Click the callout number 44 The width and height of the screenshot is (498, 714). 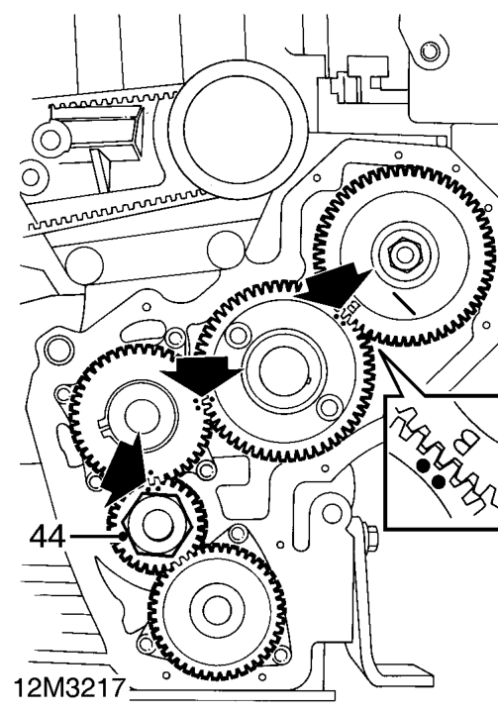click(x=47, y=538)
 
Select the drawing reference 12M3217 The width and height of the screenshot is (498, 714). click(x=69, y=688)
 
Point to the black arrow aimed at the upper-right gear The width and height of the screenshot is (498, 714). click(x=336, y=281)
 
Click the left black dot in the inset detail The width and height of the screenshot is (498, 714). click(x=424, y=465)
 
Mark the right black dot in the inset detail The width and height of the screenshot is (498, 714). click(x=439, y=481)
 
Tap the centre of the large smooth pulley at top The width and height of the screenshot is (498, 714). click(x=238, y=130)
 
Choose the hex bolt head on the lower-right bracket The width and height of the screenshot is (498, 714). click(x=370, y=532)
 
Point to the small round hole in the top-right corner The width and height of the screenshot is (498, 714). click(x=430, y=51)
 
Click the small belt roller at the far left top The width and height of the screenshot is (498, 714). click(x=50, y=141)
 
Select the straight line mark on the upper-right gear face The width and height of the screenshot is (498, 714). click(x=404, y=304)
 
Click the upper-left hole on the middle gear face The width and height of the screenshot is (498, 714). click(x=238, y=335)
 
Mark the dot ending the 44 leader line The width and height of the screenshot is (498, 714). click(x=122, y=537)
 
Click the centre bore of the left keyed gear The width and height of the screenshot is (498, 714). click(x=142, y=417)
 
